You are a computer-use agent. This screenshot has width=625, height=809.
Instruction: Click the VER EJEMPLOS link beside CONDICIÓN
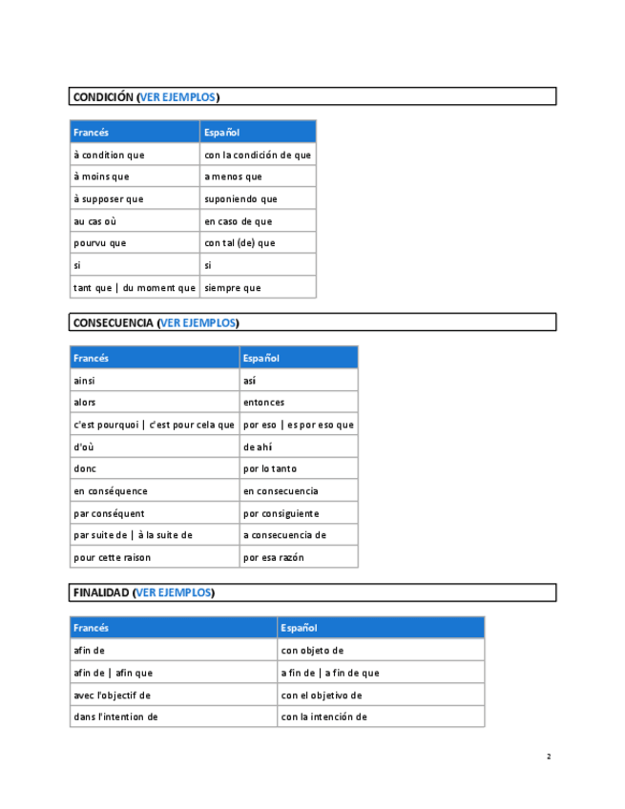coord(178,96)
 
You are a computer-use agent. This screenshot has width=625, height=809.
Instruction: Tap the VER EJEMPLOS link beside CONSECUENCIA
coord(198,322)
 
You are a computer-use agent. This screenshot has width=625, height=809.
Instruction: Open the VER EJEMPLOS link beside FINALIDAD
coord(174,592)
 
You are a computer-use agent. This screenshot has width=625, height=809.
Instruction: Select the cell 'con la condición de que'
coord(258,155)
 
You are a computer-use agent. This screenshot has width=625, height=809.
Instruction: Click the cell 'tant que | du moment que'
coord(135,287)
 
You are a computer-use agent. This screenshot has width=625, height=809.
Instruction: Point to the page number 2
coord(549,757)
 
